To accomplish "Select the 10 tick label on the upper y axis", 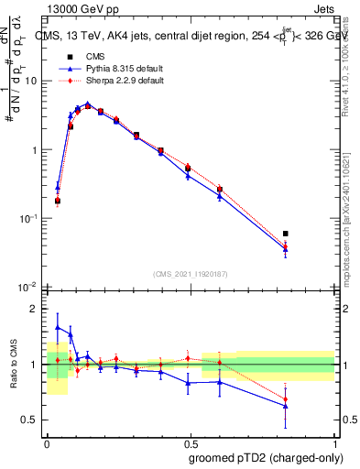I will [x=31, y=81].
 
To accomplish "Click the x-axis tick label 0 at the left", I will [x=47, y=442].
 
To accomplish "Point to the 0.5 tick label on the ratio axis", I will [x=31, y=420].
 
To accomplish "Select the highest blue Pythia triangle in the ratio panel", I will [x=58, y=327].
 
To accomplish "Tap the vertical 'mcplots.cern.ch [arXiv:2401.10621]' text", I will [x=345, y=211].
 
